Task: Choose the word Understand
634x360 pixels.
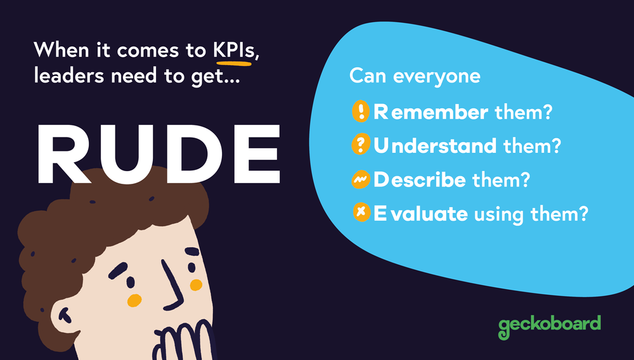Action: tap(435, 146)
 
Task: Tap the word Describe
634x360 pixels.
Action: tap(420, 180)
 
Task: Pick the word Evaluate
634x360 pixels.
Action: tap(421, 214)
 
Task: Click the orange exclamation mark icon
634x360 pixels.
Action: tap(360, 113)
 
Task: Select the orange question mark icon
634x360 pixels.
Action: tap(360, 146)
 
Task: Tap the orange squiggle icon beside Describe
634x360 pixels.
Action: tap(360, 181)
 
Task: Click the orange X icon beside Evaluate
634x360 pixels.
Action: tap(360, 214)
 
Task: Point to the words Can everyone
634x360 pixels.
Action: tap(415, 77)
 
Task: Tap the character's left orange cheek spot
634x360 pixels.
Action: tap(134, 299)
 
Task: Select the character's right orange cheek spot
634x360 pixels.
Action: tap(196, 285)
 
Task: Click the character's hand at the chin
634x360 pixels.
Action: tap(184, 339)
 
